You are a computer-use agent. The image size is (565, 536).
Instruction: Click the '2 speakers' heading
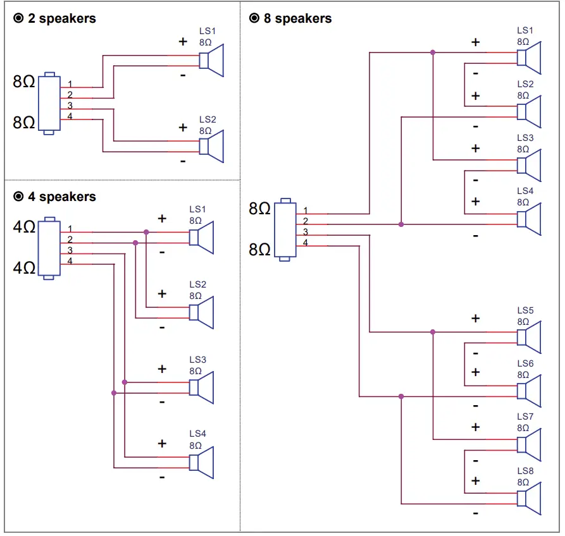point(61,18)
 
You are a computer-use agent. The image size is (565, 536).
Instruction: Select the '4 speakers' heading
point(61,197)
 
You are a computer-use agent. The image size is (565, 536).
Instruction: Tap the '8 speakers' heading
point(297,18)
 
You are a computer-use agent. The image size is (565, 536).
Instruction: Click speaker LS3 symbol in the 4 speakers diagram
point(202,387)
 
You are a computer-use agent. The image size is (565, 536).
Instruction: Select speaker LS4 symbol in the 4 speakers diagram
point(202,462)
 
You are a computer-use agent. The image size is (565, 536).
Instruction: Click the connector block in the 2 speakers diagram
point(49,103)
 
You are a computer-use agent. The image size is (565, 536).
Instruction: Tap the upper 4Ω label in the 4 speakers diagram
point(25,226)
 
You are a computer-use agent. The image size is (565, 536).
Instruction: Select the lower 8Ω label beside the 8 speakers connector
point(260,249)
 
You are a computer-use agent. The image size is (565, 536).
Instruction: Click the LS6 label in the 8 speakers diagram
point(525,363)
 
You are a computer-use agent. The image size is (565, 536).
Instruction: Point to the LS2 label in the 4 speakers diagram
point(197,285)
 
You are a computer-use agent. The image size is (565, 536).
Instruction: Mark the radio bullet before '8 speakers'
point(254,18)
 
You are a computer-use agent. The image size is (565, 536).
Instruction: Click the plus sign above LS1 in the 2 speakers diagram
point(183,42)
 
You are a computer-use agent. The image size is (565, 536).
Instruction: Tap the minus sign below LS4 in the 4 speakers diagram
point(162,477)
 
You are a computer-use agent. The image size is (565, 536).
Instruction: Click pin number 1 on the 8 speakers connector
point(306,210)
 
